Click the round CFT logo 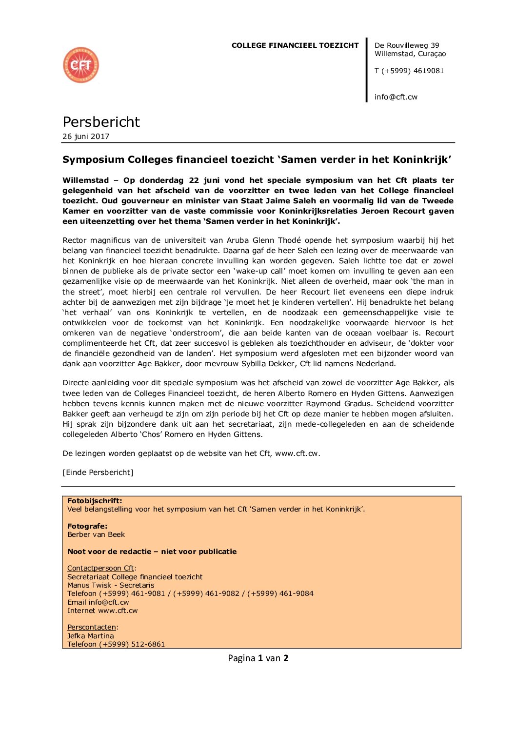click(81, 65)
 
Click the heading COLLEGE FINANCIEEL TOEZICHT click(295, 45)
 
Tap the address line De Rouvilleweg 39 click(407, 45)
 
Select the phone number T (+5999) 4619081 click(409, 71)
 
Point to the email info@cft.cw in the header click(396, 97)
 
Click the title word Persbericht click(101, 122)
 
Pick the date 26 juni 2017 click(86, 137)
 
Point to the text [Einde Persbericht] click(98, 473)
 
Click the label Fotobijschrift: click(95, 501)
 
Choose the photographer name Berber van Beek click(96, 534)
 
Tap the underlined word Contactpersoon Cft click(100, 568)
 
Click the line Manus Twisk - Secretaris click(111, 585)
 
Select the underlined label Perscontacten click(92, 627)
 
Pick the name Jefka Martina click(90, 636)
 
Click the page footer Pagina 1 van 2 click(258, 658)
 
